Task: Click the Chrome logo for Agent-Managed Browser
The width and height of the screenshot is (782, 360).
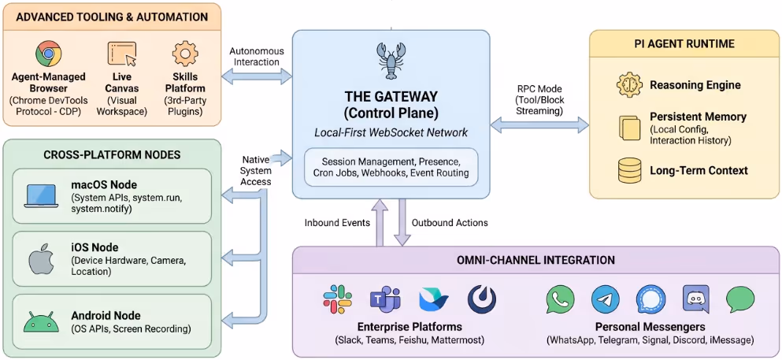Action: (48, 54)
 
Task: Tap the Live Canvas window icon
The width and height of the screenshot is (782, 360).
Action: (121, 54)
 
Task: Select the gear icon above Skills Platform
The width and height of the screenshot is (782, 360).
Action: (185, 54)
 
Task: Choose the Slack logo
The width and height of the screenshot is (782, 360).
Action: (337, 299)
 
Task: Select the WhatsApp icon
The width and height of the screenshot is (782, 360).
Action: (560, 299)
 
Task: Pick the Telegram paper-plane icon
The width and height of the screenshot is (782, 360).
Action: (605, 299)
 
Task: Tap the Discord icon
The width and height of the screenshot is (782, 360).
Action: (696, 299)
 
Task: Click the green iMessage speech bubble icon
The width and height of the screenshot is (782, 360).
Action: (740, 299)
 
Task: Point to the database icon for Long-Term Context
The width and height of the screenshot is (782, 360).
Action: (629, 170)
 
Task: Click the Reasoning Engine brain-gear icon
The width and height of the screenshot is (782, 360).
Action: (629, 85)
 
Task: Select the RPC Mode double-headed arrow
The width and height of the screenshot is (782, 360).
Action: (539, 124)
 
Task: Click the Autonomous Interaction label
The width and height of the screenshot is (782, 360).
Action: (255, 57)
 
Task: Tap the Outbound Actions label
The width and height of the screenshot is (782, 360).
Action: (450, 223)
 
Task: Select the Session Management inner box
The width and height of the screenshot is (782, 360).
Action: (391, 167)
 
